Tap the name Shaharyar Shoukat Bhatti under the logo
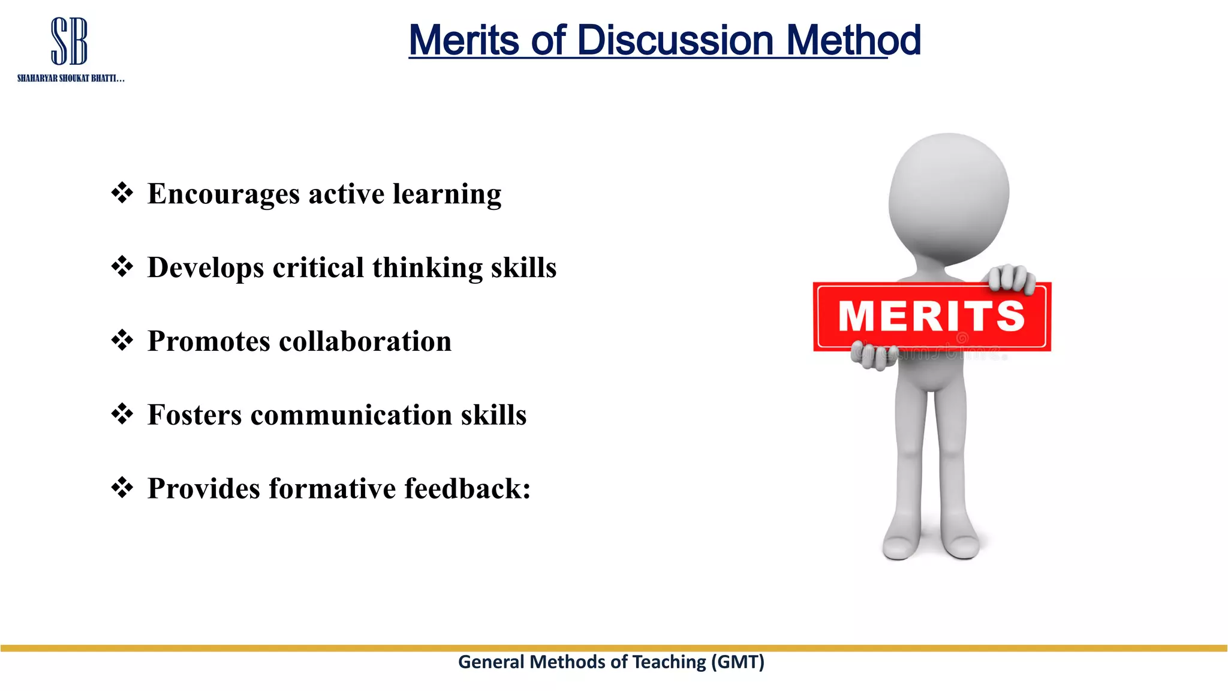pyautogui.click(x=71, y=79)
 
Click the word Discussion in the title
pyautogui.click(x=675, y=40)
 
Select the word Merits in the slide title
pyautogui.click(x=463, y=40)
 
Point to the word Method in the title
pyautogui.click(x=853, y=40)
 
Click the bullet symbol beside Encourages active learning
pyautogui.click(x=122, y=193)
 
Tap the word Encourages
pyautogui.click(x=224, y=194)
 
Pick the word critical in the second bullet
pyautogui.click(x=318, y=268)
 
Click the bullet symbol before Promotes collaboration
pyautogui.click(x=122, y=341)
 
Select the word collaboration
pyautogui.click(x=365, y=341)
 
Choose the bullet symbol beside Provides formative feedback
pyautogui.click(x=122, y=488)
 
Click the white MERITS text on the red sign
pyautogui.click(x=931, y=316)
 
